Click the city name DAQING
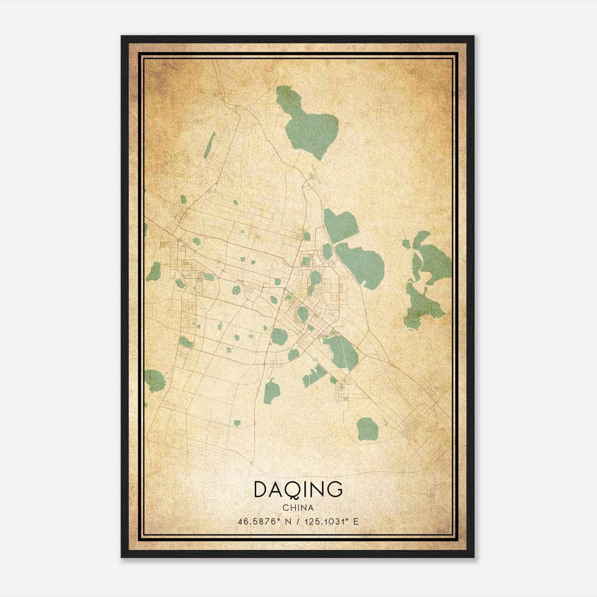coord(298,490)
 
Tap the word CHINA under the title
coord(298,508)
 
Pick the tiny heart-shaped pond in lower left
coord(237,423)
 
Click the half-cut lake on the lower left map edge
coord(154,381)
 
